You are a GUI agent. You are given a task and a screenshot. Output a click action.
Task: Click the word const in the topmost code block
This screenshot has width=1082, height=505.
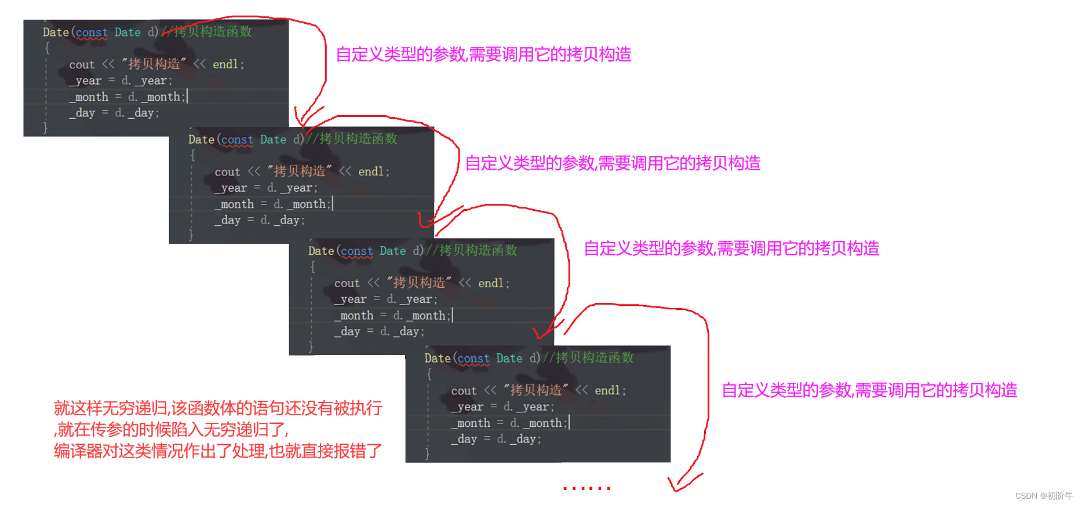92,32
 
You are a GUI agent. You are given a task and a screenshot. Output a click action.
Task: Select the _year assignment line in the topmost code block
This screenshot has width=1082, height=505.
121,80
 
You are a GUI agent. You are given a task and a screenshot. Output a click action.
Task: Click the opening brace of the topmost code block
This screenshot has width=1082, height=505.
47,48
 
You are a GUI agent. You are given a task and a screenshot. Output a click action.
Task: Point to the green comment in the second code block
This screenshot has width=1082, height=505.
352,139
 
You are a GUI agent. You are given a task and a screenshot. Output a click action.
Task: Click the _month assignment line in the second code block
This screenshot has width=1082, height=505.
273,204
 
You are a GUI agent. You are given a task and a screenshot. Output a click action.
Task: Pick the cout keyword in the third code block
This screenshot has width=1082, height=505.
347,283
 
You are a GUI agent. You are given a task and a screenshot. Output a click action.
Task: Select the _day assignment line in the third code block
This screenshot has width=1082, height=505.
379,331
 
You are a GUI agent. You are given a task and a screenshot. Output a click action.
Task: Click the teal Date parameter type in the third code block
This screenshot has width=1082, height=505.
392,251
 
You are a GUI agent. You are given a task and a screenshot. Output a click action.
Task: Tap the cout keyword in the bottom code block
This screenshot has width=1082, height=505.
464,391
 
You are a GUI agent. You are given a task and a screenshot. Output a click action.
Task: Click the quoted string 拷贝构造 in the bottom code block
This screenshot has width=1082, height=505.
535,390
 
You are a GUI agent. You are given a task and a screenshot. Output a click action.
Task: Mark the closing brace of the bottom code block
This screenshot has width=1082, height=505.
428,453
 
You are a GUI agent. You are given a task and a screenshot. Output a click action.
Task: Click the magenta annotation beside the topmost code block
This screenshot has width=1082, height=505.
483,54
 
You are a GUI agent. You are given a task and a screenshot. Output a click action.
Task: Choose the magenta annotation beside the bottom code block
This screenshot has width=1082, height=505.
869,390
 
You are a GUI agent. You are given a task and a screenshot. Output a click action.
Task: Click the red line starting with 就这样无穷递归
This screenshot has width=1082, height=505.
218,408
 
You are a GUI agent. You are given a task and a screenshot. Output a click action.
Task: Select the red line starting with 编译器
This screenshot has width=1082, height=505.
218,451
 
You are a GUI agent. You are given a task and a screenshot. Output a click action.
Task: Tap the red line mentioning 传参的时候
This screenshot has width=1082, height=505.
172,430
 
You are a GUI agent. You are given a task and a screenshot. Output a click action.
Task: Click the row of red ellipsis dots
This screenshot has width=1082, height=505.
586,488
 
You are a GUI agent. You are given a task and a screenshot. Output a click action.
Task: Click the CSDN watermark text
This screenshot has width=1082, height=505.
1043,496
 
